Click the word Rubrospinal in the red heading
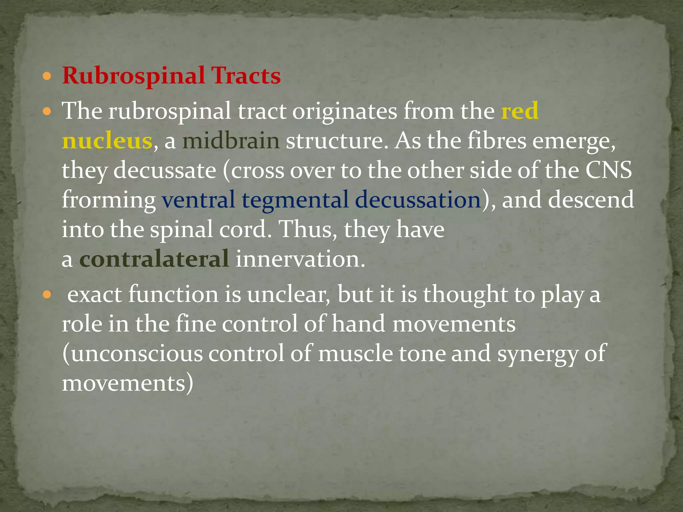[133, 76]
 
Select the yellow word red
[520, 111]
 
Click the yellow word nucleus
[107, 141]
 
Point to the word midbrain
[231, 141]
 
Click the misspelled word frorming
[109, 200]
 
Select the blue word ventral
[199, 200]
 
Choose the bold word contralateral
[154, 259]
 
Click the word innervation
[300, 259]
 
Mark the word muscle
[356, 354]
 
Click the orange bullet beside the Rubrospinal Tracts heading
[47, 77]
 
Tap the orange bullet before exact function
[47, 295]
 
